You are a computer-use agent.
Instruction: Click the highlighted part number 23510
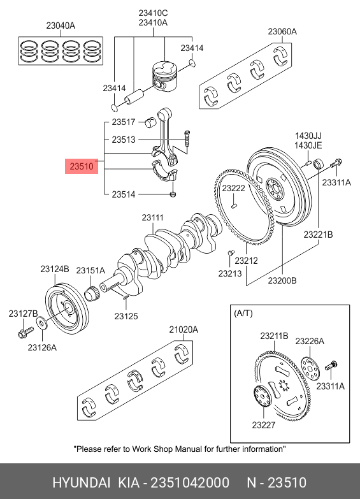click(82, 166)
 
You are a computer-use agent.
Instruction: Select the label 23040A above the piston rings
click(61, 25)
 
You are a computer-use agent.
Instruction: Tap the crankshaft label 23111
click(153, 218)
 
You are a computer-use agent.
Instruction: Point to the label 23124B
click(55, 269)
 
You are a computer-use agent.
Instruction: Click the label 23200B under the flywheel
click(282, 280)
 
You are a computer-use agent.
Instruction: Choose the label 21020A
click(184, 329)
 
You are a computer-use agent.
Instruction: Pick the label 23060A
click(282, 31)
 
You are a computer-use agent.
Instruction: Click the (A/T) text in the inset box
click(243, 314)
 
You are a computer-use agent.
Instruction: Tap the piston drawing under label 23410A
click(164, 76)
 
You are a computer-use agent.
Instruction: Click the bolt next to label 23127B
click(25, 332)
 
